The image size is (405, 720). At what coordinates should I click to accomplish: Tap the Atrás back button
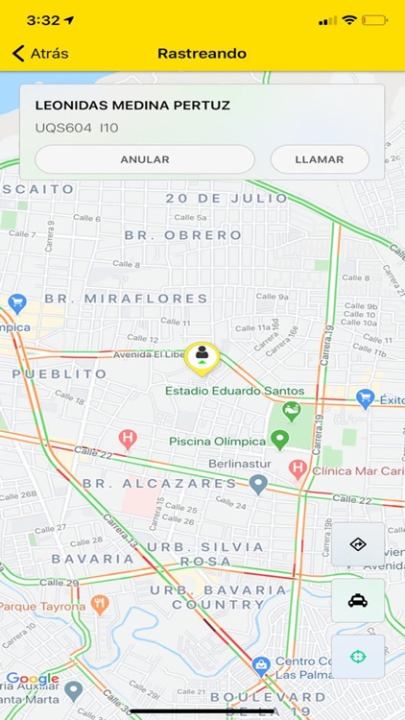tap(40, 54)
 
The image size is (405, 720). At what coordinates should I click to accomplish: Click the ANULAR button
tap(145, 159)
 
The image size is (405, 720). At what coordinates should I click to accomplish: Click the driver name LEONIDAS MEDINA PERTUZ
tap(132, 106)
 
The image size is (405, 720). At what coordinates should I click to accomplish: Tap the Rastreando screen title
tap(202, 54)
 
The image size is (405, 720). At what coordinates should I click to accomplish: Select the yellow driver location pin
tap(202, 356)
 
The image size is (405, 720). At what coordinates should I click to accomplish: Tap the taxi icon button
tap(357, 601)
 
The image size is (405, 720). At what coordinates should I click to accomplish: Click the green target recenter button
tap(357, 657)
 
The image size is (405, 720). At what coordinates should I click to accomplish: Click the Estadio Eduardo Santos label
tap(234, 391)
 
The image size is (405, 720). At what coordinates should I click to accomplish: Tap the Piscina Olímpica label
tap(217, 441)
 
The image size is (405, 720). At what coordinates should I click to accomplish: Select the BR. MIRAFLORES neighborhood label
tap(126, 299)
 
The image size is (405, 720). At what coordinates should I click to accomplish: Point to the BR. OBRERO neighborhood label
tap(182, 235)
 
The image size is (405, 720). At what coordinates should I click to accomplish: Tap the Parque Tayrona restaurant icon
tap(100, 606)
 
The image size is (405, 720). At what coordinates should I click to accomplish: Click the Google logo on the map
tap(33, 679)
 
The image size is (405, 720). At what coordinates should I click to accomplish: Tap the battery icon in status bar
tap(375, 19)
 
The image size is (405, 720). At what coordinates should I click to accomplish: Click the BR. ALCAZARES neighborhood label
tap(159, 484)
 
